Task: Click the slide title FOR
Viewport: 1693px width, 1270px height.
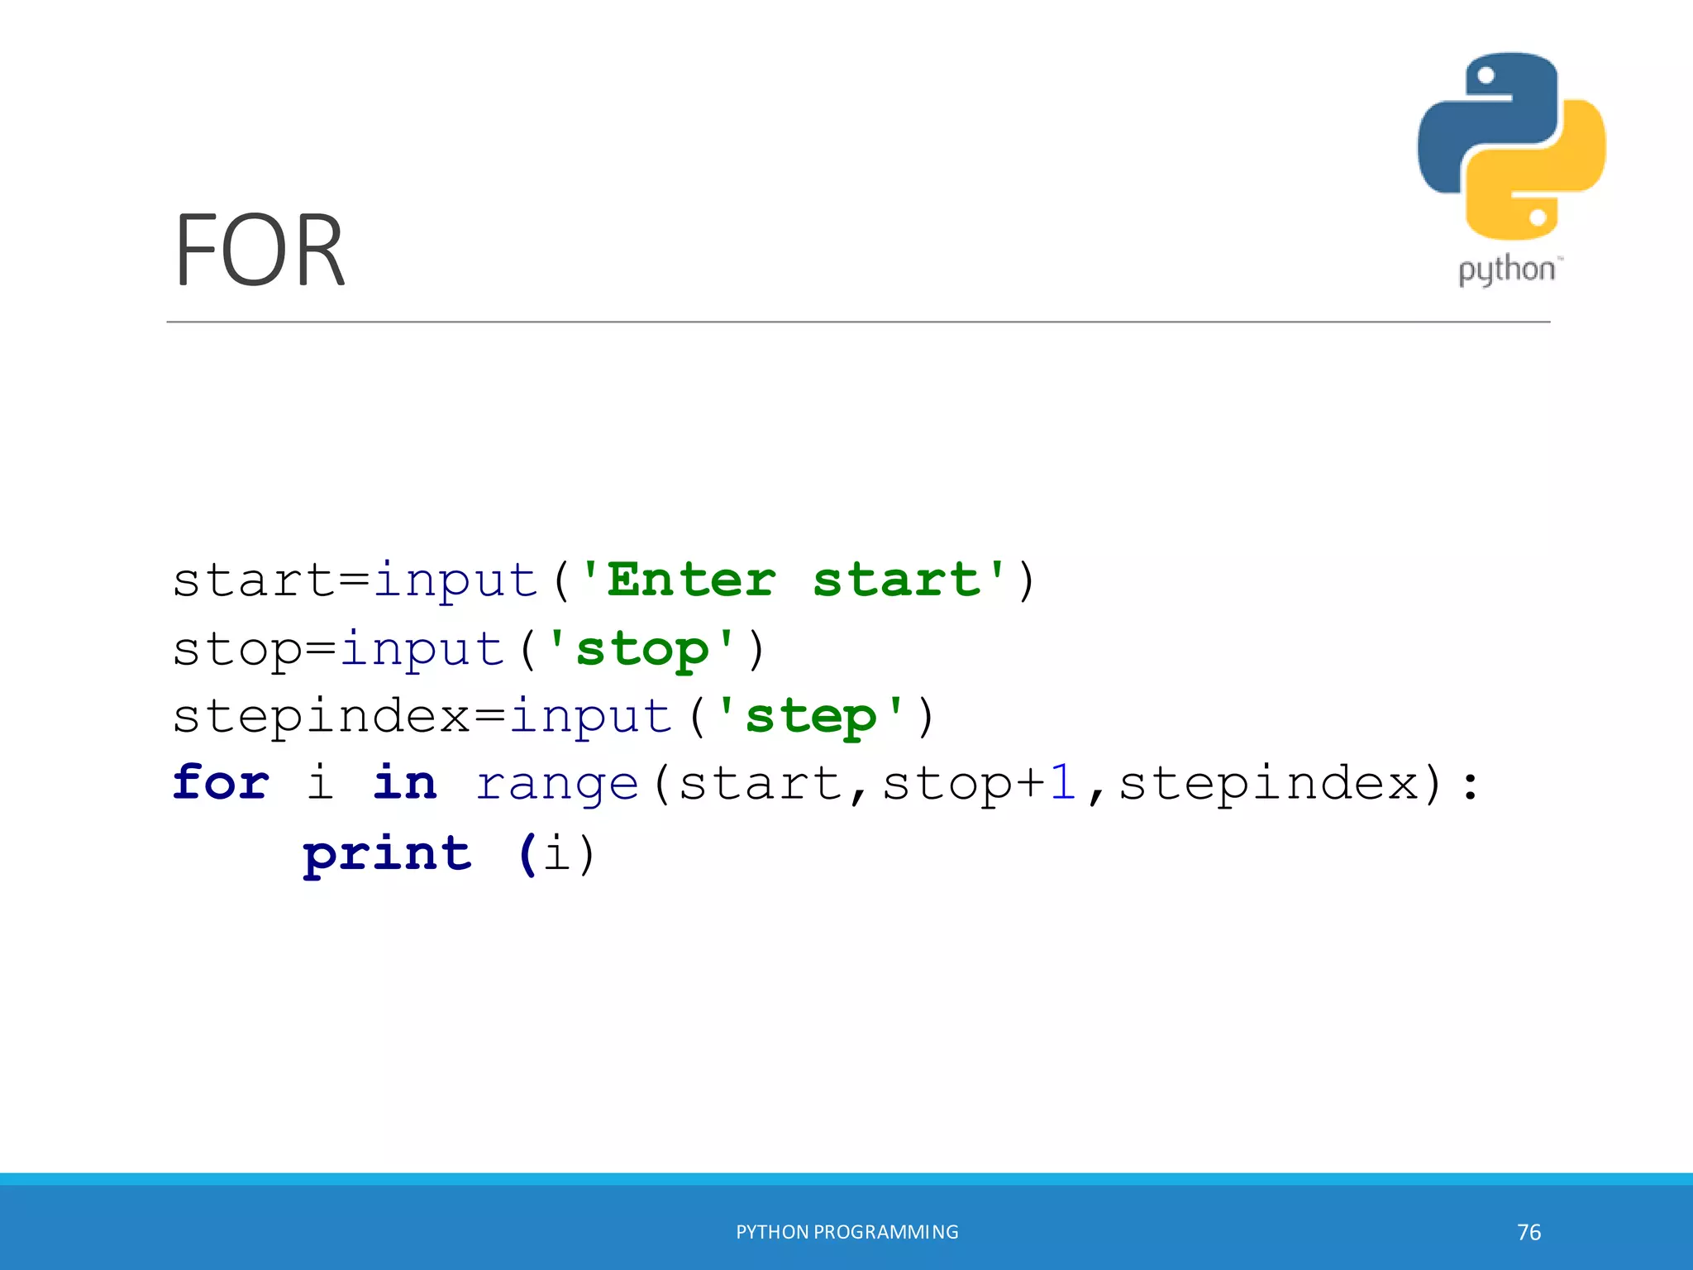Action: (x=259, y=250)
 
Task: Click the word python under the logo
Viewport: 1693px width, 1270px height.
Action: (x=1507, y=270)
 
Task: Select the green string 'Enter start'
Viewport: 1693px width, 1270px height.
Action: (x=794, y=580)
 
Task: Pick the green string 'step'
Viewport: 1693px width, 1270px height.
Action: (x=810, y=716)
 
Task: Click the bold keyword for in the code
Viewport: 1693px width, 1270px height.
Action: (x=221, y=783)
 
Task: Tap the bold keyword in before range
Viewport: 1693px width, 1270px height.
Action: (x=404, y=783)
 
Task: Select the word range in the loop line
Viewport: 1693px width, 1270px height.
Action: (x=557, y=783)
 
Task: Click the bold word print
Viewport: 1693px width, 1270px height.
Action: (x=387, y=853)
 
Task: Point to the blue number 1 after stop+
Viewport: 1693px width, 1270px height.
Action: (x=1062, y=783)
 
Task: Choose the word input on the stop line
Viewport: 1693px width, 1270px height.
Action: (x=422, y=648)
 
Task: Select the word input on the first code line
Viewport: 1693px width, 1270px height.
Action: (x=455, y=580)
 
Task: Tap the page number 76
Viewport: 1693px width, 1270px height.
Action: (x=1528, y=1232)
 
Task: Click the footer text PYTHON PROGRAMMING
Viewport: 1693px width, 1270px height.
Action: (x=846, y=1232)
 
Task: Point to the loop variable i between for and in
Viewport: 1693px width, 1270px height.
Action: (x=320, y=783)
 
